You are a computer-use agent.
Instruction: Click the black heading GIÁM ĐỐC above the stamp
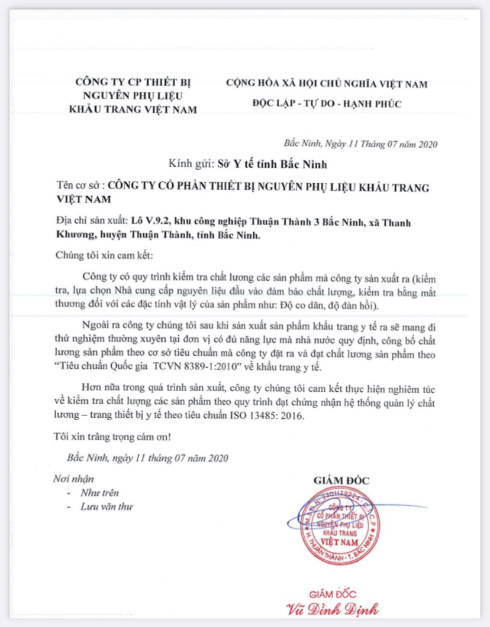tap(341, 480)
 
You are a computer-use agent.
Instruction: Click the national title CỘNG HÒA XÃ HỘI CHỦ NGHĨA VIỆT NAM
tap(326, 84)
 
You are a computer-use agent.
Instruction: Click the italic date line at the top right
tap(361, 143)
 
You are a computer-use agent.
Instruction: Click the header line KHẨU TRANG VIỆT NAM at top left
tap(133, 109)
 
